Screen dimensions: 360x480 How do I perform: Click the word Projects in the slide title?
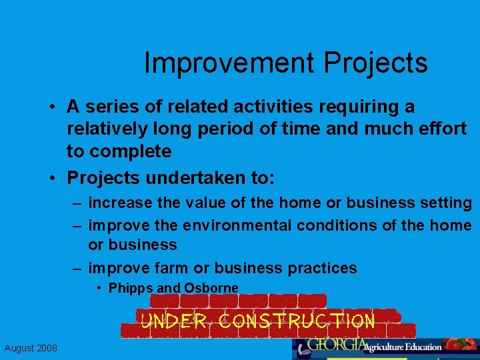click(x=376, y=63)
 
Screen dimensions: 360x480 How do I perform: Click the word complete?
click(x=130, y=151)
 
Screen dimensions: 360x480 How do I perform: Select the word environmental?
click(x=236, y=225)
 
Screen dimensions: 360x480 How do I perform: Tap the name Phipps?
click(x=131, y=288)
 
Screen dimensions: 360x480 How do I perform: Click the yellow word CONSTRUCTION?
click(x=297, y=321)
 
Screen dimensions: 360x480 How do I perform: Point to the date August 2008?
click(x=31, y=348)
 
